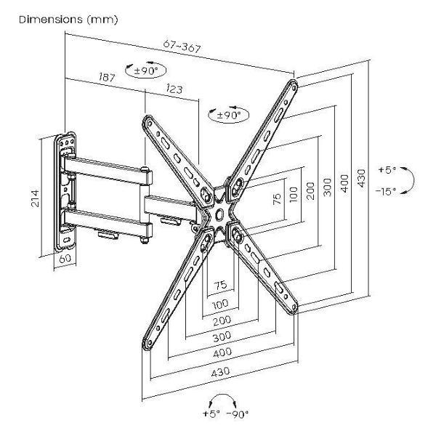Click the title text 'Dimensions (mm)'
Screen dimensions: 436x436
(x=69, y=20)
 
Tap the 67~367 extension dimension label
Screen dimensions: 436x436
(x=182, y=47)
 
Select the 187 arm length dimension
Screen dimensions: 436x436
(x=107, y=77)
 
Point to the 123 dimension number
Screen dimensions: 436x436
(x=174, y=89)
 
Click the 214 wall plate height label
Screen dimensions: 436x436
(x=35, y=198)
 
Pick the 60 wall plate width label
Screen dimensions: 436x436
(x=65, y=259)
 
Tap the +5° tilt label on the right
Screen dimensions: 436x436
(x=387, y=169)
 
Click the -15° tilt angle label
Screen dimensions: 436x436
(x=385, y=191)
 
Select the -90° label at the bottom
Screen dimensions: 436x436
(x=237, y=414)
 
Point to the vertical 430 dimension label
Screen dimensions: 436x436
(x=361, y=178)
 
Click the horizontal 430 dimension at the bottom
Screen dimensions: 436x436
(x=220, y=372)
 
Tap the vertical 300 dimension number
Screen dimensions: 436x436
(x=328, y=187)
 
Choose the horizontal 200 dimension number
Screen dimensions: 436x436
(x=222, y=321)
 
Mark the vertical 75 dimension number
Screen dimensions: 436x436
(x=277, y=198)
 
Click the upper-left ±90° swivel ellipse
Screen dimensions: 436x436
(x=146, y=70)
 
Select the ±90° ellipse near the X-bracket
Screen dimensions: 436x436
(x=229, y=115)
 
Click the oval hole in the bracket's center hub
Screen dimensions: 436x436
(x=219, y=214)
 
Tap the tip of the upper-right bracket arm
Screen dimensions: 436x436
(x=294, y=84)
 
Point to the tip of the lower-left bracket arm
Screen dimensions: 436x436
(x=147, y=345)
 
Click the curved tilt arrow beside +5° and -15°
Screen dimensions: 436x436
(x=412, y=179)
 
